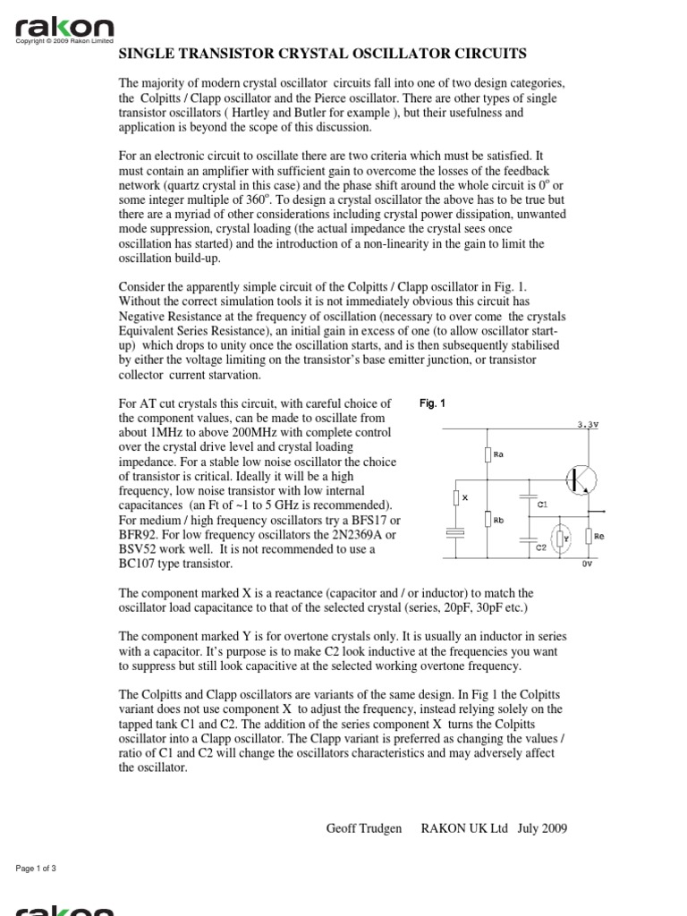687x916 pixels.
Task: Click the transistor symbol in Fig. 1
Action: coord(579,479)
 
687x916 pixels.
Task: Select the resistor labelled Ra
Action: coord(488,454)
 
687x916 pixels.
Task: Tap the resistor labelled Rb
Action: coord(488,519)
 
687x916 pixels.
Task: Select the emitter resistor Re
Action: coord(589,537)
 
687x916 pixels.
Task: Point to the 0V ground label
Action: coord(587,565)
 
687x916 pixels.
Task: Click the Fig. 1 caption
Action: coord(432,403)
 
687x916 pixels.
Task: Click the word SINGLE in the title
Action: coord(146,55)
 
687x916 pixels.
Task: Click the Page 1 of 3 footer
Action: coord(37,869)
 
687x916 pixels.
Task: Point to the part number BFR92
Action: coord(139,535)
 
